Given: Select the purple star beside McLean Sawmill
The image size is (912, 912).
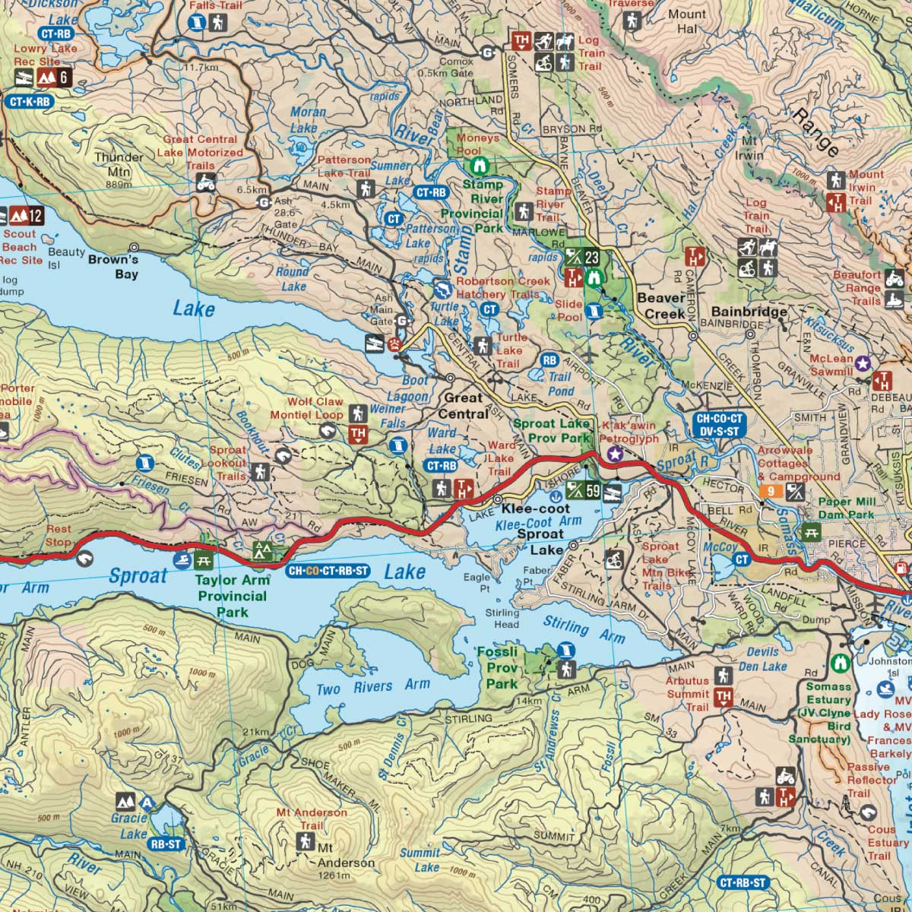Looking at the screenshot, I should pos(863,364).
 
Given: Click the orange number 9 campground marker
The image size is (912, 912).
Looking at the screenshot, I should pos(770,492).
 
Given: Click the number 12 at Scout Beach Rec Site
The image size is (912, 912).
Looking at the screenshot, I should pos(35,217).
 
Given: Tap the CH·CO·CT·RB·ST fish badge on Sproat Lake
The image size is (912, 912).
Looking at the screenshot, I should pos(328,571).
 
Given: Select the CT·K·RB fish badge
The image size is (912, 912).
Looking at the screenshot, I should pos(30,101).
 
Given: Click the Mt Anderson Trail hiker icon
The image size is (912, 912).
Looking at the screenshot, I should pos(306,841).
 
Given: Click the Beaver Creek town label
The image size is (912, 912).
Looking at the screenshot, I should pos(660,306).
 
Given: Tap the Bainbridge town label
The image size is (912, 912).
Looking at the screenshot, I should pos(749,312).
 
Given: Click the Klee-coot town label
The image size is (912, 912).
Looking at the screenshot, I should pos(535,508).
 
